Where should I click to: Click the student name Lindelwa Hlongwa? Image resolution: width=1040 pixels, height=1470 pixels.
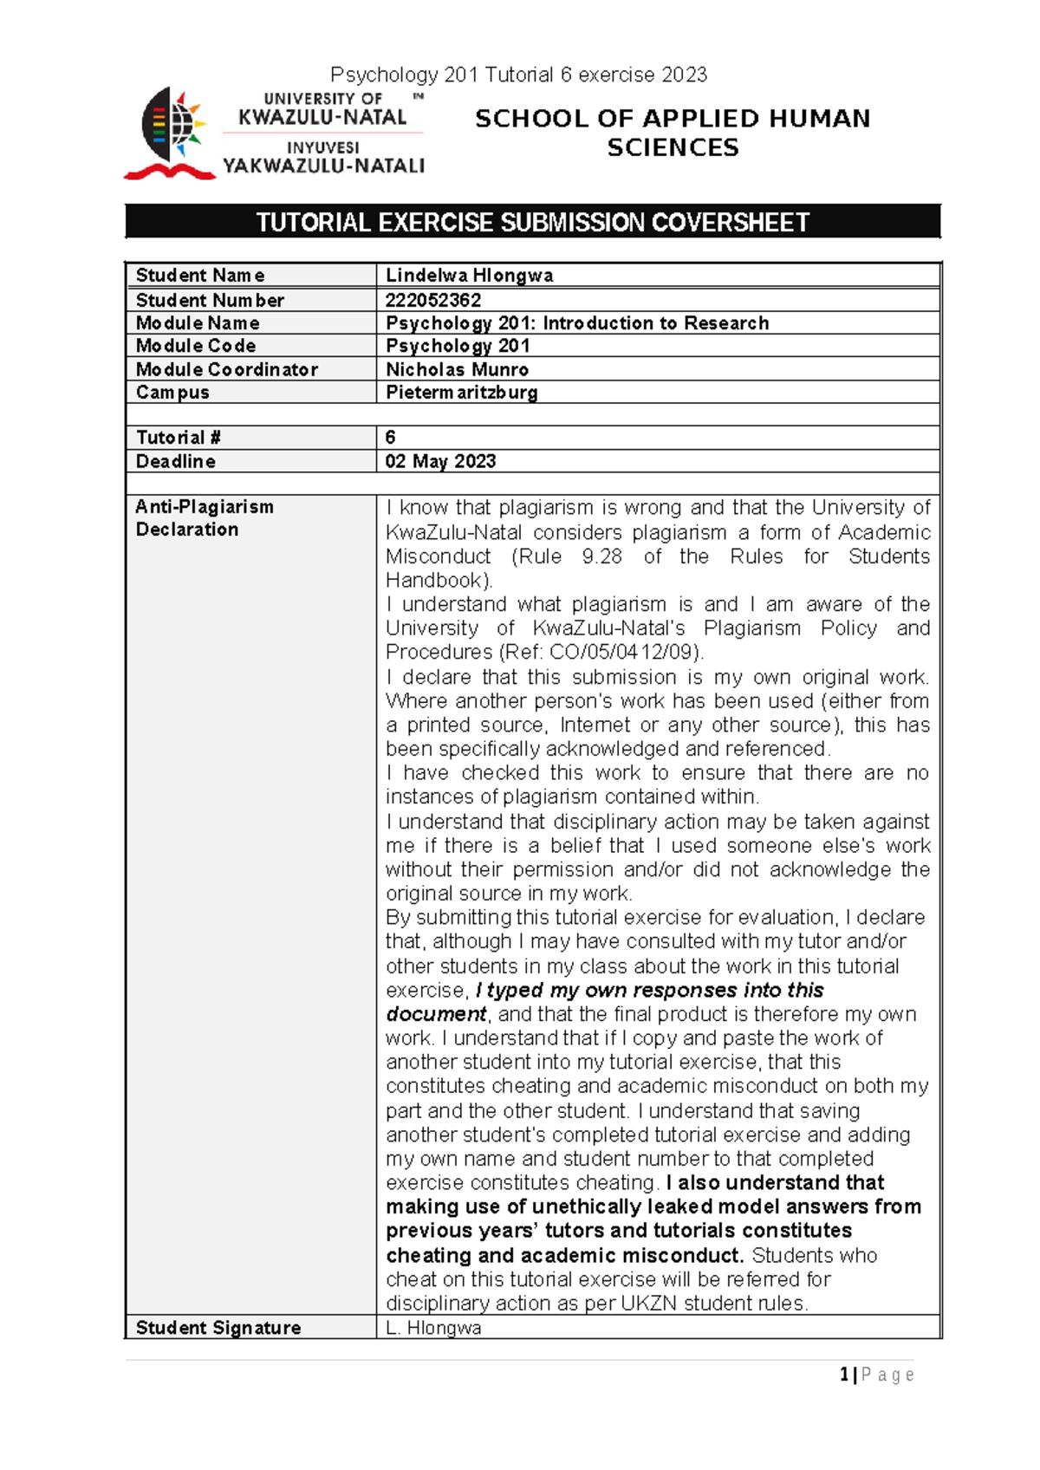click(469, 276)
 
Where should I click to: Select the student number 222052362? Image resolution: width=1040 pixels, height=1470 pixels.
click(433, 300)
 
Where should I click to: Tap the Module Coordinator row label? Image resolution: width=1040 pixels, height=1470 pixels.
click(227, 369)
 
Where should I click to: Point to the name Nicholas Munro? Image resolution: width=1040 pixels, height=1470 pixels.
click(457, 369)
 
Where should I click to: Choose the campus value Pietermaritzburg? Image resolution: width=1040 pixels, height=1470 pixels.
click(461, 392)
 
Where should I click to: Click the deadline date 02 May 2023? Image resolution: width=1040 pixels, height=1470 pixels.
click(440, 461)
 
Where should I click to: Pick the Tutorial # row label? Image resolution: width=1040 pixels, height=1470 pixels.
click(178, 438)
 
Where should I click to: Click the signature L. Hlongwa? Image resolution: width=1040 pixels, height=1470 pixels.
click(433, 1328)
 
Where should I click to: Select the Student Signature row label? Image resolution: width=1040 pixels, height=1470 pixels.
click(218, 1328)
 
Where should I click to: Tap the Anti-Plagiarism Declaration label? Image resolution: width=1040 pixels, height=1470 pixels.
click(205, 517)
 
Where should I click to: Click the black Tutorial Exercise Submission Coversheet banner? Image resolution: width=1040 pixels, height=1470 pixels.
click(532, 222)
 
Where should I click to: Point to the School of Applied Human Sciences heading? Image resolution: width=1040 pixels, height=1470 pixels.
click(673, 133)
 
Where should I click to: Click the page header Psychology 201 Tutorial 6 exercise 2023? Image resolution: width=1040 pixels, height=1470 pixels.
click(519, 75)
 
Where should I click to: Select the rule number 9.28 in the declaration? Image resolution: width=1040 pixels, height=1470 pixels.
click(601, 556)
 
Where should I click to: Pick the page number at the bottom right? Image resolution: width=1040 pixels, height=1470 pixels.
click(876, 1375)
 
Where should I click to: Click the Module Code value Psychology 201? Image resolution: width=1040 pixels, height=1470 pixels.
click(458, 346)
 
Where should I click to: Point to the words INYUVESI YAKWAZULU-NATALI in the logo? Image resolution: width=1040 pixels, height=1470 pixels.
click(323, 158)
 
